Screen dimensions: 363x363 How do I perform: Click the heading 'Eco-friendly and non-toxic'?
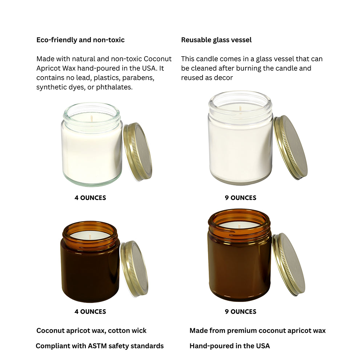click(80, 40)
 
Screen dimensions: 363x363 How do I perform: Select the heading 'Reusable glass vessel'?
click(216, 40)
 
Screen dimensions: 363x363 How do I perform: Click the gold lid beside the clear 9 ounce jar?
click(291, 147)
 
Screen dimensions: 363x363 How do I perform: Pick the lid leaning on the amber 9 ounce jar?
click(289, 264)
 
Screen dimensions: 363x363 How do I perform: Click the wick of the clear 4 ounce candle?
click(92, 118)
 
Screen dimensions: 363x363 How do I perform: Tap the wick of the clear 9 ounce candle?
click(240, 109)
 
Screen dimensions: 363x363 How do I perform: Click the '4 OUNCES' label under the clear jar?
click(90, 198)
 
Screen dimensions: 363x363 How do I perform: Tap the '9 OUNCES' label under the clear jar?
click(240, 198)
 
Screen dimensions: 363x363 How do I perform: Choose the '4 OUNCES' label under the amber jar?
click(90, 311)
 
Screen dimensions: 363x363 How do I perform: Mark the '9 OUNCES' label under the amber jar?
click(240, 311)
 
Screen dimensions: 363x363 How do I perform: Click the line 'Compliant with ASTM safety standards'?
click(99, 346)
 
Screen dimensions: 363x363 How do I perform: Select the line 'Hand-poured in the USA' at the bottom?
click(229, 346)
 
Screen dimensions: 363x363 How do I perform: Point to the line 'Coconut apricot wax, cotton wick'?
click(91, 331)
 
